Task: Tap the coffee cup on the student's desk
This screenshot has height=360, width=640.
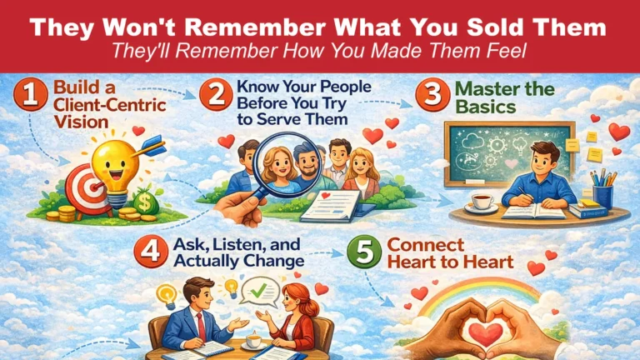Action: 483,204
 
